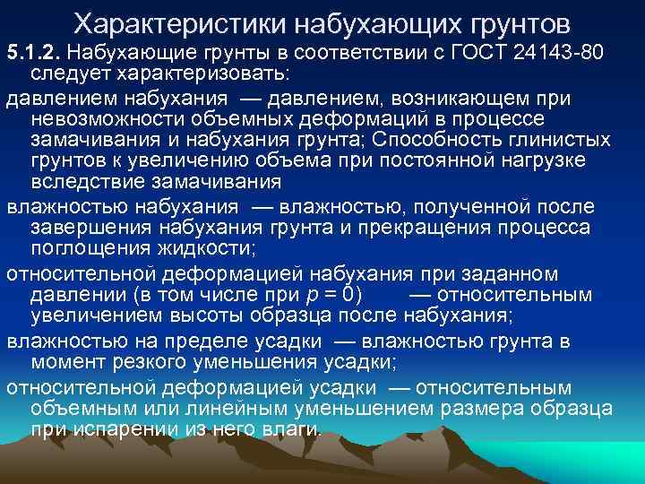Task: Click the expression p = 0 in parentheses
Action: [x=332, y=294]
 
